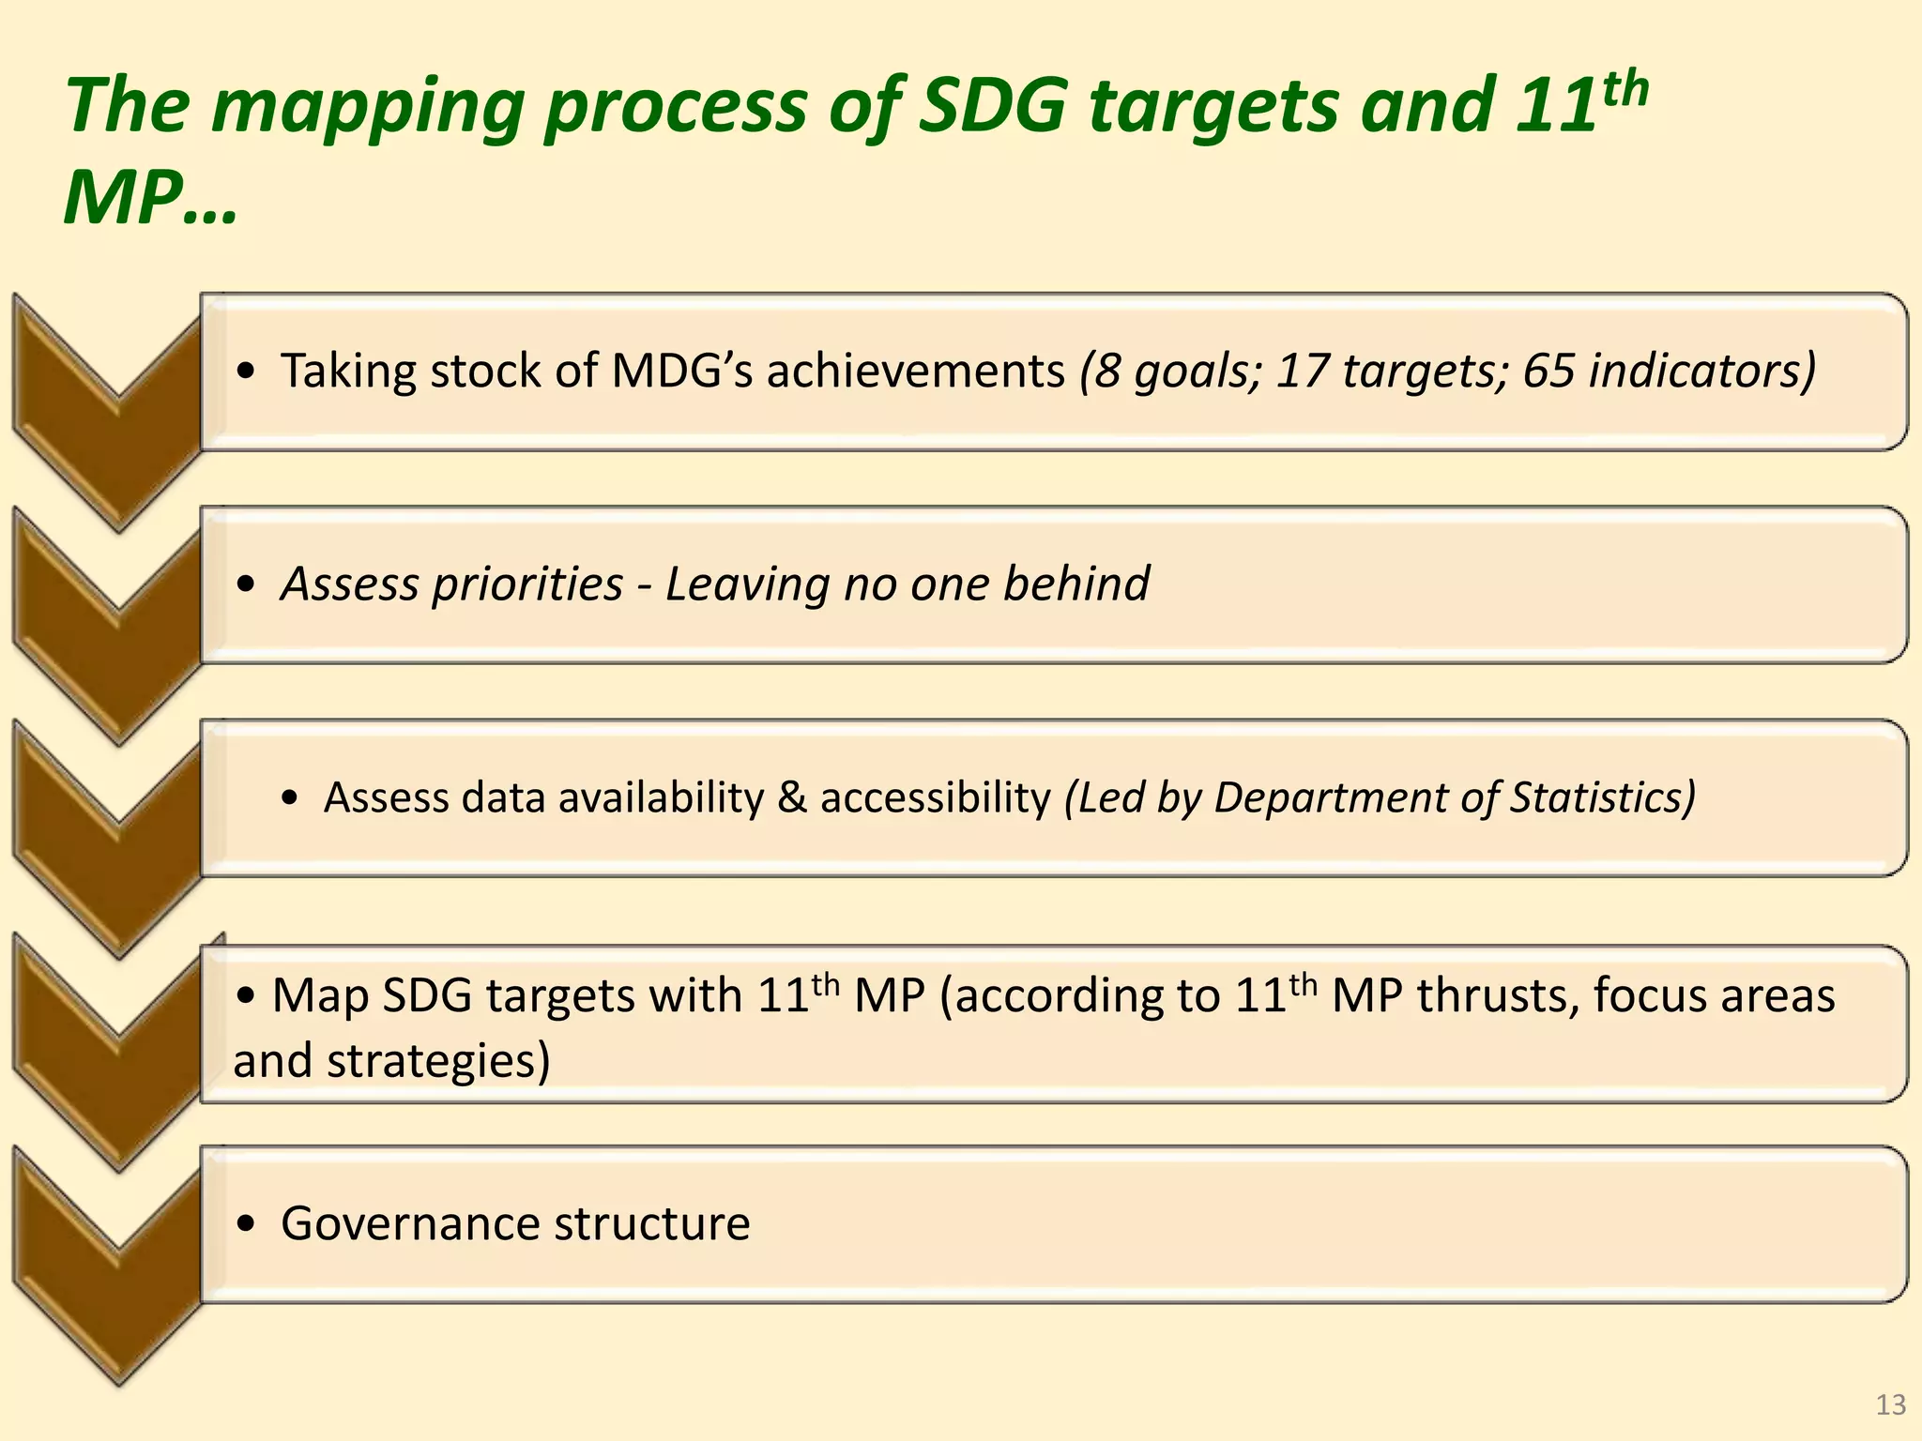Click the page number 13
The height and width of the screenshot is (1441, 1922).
[1890, 1404]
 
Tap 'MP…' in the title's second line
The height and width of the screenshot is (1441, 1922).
[150, 199]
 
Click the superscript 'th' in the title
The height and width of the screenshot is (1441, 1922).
[1625, 88]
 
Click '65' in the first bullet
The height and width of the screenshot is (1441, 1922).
[1548, 371]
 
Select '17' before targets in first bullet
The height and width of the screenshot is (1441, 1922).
[1301, 371]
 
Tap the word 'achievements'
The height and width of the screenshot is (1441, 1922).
[916, 371]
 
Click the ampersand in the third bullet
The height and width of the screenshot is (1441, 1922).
[792, 797]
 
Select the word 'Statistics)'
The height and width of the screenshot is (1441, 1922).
[1602, 797]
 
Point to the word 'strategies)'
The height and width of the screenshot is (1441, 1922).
[438, 1061]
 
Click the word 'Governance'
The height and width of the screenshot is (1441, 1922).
[410, 1223]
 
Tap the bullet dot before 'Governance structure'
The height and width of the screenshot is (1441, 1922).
[246, 1223]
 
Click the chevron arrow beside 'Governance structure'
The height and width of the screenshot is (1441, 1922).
[108, 1267]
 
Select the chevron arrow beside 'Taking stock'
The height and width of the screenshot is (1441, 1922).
[108, 413]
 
